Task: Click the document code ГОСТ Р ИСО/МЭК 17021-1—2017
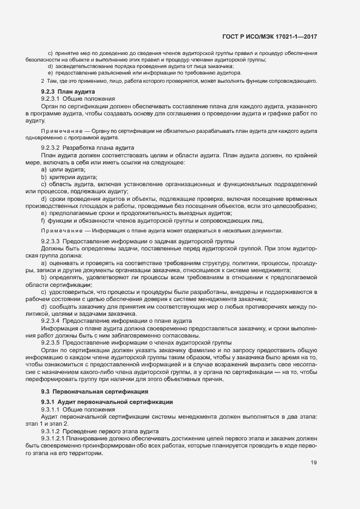pos(270,36)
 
